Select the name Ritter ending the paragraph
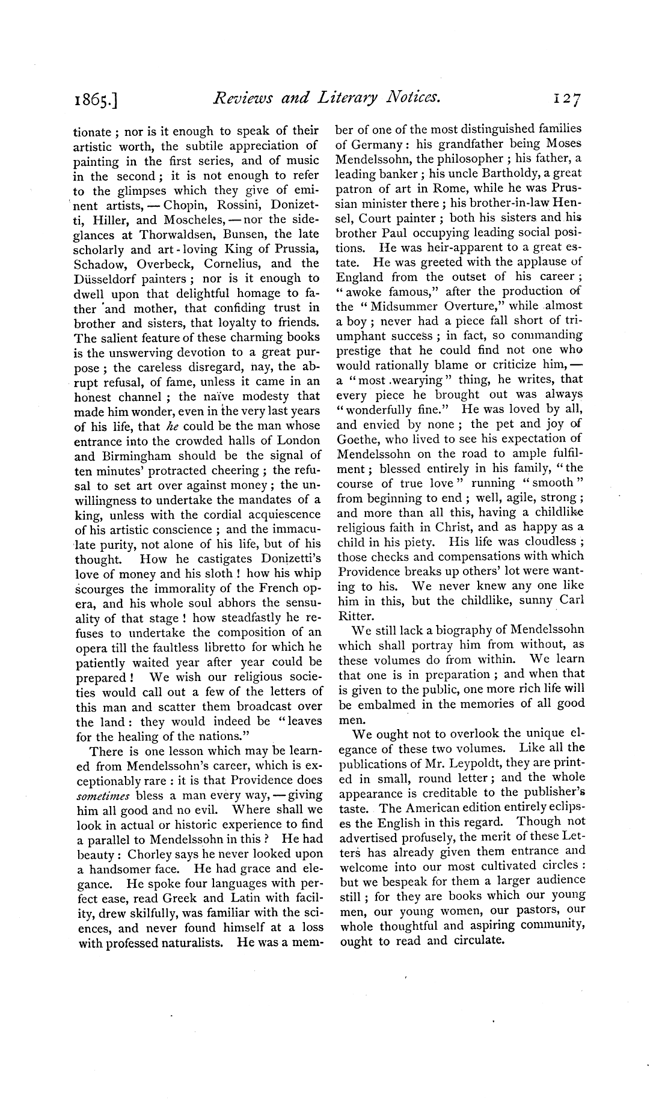[355, 616]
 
